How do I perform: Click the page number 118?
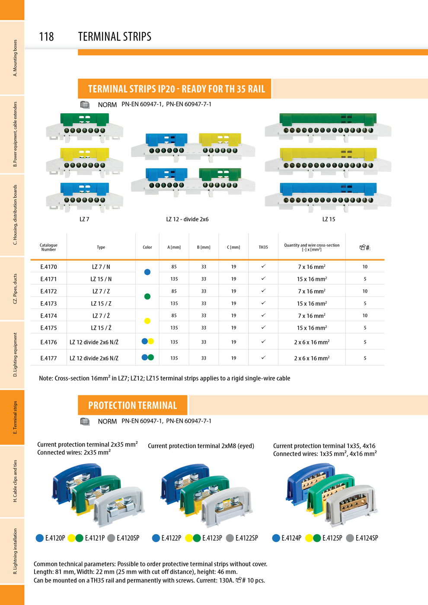[x=47, y=37]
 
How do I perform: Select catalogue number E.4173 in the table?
[x=48, y=303]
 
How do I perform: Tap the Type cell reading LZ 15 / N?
[x=101, y=279]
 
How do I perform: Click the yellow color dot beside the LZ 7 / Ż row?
[x=147, y=321]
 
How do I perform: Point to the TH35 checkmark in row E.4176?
[x=263, y=341]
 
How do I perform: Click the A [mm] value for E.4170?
[x=174, y=267]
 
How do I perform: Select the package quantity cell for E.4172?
[x=365, y=291]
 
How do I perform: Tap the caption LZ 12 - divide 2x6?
[x=187, y=220]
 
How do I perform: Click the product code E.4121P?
[x=95, y=538]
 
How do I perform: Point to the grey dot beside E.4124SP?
[x=350, y=538]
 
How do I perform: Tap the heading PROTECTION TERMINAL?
[x=132, y=405]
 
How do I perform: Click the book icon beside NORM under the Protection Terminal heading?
[x=85, y=421]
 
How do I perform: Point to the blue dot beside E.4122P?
[x=156, y=538]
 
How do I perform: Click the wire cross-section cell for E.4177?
[x=312, y=358]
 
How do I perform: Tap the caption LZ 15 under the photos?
[x=329, y=220]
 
